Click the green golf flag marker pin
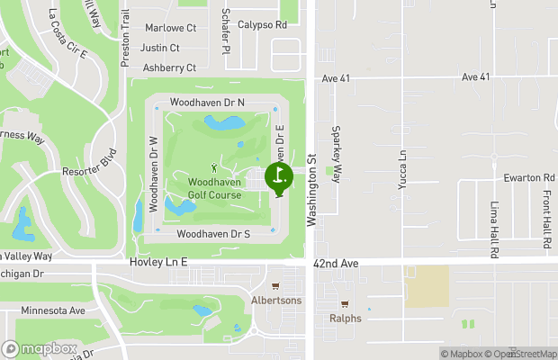coord(279,177)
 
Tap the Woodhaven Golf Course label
coord(213,188)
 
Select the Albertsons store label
coord(276,300)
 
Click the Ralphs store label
coord(346,318)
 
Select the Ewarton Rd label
coord(529,177)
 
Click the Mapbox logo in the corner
coord(39,348)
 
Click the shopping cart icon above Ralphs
coord(346,303)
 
